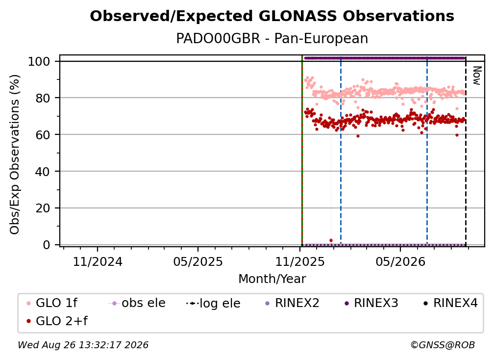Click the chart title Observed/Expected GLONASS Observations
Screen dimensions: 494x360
pos(272,16)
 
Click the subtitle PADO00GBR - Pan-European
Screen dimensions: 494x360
pos(272,39)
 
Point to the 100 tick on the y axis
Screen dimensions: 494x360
pos(39,61)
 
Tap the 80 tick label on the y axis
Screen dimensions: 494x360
pos(43,98)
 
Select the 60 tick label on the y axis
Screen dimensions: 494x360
pos(43,135)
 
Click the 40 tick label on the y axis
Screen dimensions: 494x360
pos(43,172)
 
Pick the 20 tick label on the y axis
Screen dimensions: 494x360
pos(43,208)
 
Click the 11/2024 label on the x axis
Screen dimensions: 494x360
pos(98,262)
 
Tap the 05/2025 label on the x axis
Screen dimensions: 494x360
pos(198,262)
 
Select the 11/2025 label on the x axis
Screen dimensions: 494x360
pos(300,262)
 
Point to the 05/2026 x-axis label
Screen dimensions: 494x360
pos(400,262)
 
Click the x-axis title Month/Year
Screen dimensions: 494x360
pos(272,279)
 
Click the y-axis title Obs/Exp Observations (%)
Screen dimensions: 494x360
pos(15,154)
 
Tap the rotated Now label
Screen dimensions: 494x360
pos(477,76)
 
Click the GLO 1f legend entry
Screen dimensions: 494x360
pos(52,303)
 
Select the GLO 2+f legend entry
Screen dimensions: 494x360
pos(57,321)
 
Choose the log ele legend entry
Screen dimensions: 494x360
pos(213,303)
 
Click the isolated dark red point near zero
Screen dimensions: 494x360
pos(331,240)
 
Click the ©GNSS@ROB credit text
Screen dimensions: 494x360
pos(443,345)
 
